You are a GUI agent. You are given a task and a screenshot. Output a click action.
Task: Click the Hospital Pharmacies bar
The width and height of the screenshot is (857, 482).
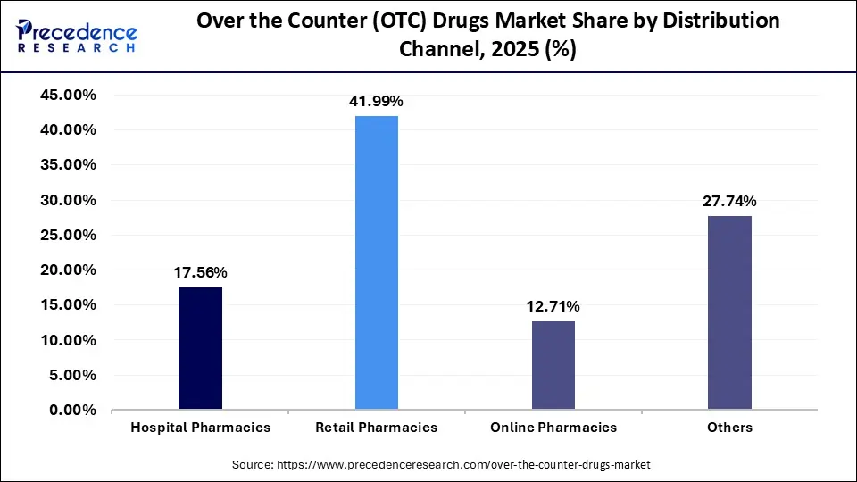pyautogui.click(x=200, y=348)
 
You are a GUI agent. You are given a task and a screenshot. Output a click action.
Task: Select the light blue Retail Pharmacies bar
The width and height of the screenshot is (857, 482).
pyautogui.click(x=377, y=263)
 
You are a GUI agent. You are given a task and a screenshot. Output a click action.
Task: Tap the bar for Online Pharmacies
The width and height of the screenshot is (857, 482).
pyautogui.click(x=553, y=365)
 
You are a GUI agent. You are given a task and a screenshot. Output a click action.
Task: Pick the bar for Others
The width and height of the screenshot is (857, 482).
pyautogui.click(x=729, y=312)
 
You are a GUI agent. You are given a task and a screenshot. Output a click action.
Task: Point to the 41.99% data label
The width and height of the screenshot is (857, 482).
pyautogui.click(x=376, y=102)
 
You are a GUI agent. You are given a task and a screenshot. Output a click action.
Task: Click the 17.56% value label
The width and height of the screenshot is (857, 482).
pyautogui.click(x=200, y=272)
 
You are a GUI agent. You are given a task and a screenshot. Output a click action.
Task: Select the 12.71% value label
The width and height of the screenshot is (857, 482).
pyautogui.click(x=553, y=306)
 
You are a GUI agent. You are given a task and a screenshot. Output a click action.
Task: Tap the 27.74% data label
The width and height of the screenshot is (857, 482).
pyautogui.click(x=729, y=201)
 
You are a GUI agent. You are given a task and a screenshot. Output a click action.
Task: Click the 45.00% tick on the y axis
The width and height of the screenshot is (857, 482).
pyautogui.click(x=66, y=95)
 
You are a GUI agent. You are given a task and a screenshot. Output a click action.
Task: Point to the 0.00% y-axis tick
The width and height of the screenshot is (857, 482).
pyautogui.click(x=70, y=411)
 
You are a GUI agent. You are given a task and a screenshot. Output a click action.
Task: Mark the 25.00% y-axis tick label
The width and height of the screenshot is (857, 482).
pyautogui.click(x=66, y=235)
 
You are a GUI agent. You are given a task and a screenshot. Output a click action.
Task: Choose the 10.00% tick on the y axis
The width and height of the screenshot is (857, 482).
pyautogui.click(x=66, y=340)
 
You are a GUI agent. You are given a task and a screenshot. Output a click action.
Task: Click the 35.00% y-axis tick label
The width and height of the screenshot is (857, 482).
pyautogui.click(x=66, y=165)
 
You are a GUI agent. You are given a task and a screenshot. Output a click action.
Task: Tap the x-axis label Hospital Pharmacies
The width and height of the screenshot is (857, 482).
pyautogui.click(x=200, y=428)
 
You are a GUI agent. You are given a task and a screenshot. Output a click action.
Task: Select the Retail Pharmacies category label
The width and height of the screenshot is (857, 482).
pyautogui.click(x=377, y=428)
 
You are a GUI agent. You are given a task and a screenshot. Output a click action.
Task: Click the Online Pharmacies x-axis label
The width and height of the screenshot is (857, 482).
pyautogui.click(x=553, y=428)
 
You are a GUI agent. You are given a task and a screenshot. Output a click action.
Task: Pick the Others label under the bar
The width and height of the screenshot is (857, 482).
pyautogui.click(x=729, y=428)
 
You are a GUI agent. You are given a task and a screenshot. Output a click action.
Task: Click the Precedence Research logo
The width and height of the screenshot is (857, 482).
pyautogui.click(x=76, y=36)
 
